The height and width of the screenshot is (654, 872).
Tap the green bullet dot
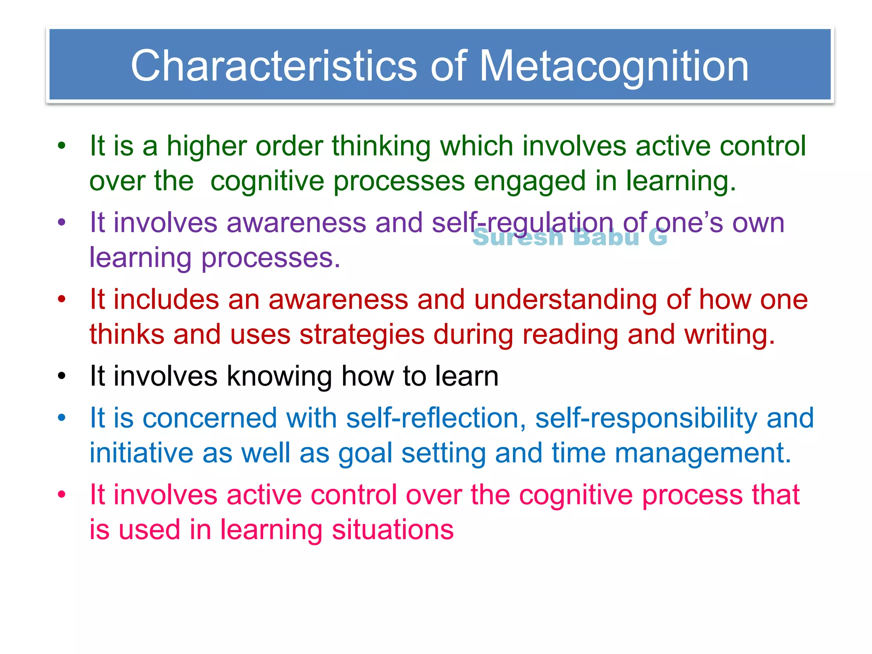point(62,146)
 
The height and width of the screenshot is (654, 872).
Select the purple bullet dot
point(62,222)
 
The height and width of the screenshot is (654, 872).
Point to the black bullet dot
point(62,376)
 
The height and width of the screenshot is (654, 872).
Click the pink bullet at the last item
point(62,495)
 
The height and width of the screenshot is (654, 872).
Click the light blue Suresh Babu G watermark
point(570,238)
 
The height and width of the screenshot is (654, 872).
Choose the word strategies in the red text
point(362,335)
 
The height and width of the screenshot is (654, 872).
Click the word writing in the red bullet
point(729,335)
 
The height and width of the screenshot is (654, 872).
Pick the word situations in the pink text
point(393,530)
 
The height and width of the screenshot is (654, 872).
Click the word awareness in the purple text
point(296,223)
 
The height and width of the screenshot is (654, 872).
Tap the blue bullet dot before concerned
point(62,418)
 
